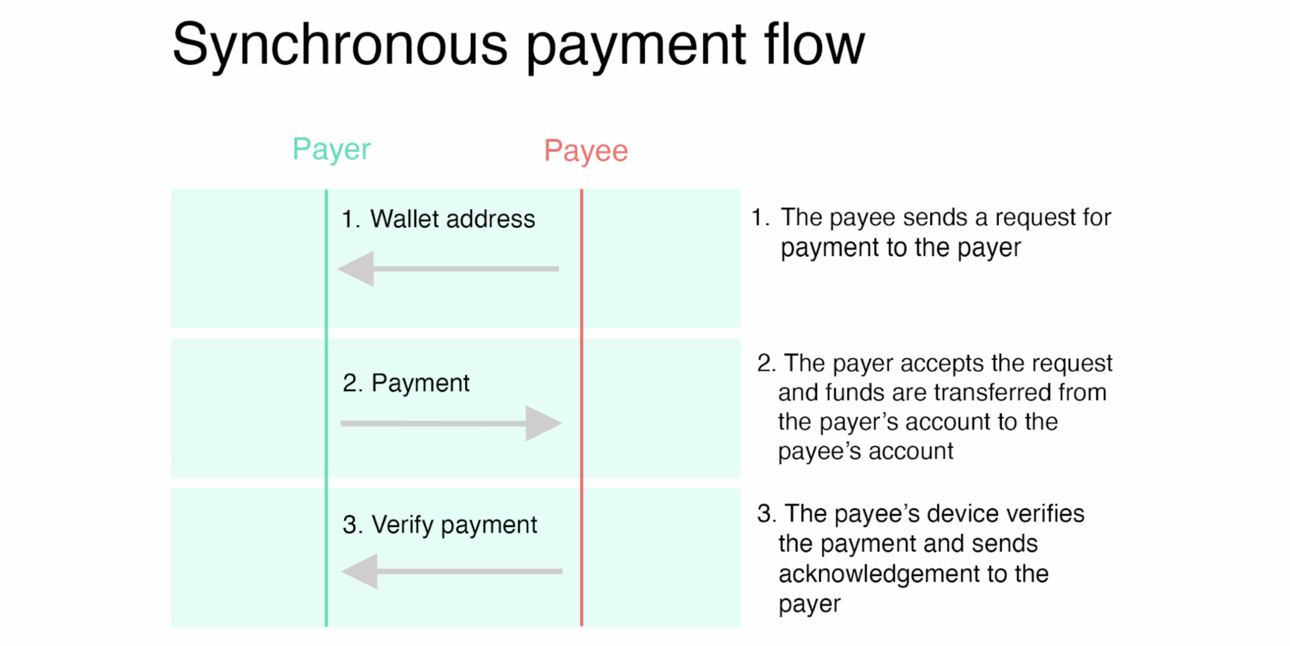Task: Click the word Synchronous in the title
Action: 340,46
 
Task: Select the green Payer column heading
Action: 331,149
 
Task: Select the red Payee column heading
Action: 586,151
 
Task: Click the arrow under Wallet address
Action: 448,269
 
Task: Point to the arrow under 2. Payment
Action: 451,423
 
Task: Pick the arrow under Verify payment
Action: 451,571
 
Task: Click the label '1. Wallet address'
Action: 438,219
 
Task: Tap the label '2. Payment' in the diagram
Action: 406,383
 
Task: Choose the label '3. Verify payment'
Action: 439,525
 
